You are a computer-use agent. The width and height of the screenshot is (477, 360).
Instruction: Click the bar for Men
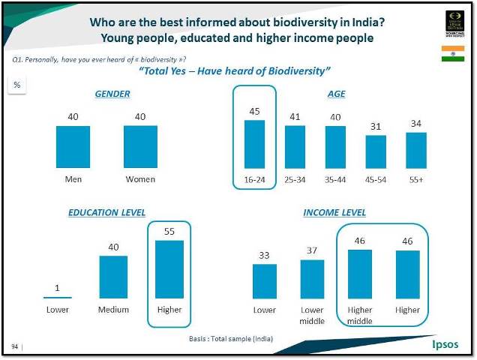point(73,147)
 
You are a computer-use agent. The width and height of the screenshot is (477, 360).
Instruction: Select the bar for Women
point(140,147)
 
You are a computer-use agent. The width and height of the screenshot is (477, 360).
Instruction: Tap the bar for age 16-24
point(255,144)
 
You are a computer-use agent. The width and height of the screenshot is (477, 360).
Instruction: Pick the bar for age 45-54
point(376,151)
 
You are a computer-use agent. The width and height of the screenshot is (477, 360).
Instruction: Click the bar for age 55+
point(416,150)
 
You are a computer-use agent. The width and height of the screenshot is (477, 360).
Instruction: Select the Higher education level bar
point(169,270)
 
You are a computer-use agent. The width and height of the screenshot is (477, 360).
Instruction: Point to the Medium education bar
point(114,277)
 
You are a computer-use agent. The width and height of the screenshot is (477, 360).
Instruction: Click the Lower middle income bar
point(312,280)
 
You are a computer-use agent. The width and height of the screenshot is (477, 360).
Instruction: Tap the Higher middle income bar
point(360,274)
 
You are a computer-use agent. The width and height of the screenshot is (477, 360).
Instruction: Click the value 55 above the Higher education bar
point(169,232)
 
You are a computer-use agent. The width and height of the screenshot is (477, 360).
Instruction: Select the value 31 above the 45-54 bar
point(376,127)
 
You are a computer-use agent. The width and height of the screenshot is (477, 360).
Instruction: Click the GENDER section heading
point(112,94)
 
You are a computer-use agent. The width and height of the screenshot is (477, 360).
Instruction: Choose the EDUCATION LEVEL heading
point(106,213)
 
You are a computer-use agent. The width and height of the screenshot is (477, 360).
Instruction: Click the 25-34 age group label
point(295,180)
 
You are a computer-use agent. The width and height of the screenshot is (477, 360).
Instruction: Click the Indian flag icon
point(452,53)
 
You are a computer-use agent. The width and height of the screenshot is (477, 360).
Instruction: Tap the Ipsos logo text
point(448,345)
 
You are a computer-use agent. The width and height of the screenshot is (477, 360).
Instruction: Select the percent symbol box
point(16,85)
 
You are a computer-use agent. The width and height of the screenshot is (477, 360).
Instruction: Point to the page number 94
point(15,346)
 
